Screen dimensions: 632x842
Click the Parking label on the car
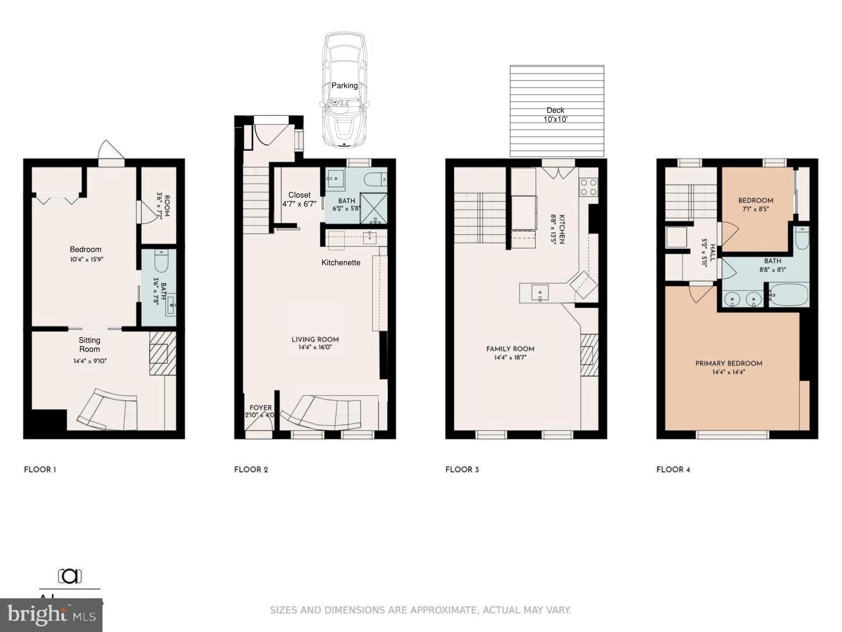(x=344, y=86)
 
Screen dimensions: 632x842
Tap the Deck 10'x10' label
(x=555, y=115)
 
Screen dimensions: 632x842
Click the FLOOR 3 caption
(x=462, y=470)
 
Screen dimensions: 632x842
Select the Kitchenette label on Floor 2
(x=341, y=263)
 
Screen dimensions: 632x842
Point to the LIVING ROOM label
(x=315, y=340)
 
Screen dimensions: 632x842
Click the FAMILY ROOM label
(x=510, y=349)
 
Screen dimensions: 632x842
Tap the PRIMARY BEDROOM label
(x=728, y=363)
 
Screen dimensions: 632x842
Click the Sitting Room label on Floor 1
(x=89, y=345)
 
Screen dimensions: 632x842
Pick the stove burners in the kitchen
(x=588, y=187)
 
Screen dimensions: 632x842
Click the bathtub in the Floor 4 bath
(x=789, y=295)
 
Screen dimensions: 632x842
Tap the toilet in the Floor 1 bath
(x=160, y=261)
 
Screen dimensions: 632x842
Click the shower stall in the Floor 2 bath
(x=373, y=208)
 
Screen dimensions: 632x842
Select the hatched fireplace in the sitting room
(x=162, y=353)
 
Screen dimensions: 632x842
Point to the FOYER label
(x=260, y=408)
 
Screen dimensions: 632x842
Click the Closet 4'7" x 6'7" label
(x=299, y=199)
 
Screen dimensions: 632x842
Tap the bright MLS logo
(x=51, y=615)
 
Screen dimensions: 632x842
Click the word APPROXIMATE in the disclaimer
(x=443, y=610)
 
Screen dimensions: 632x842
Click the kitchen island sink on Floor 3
(x=539, y=294)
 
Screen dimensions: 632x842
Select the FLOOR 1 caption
(x=40, y=470)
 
